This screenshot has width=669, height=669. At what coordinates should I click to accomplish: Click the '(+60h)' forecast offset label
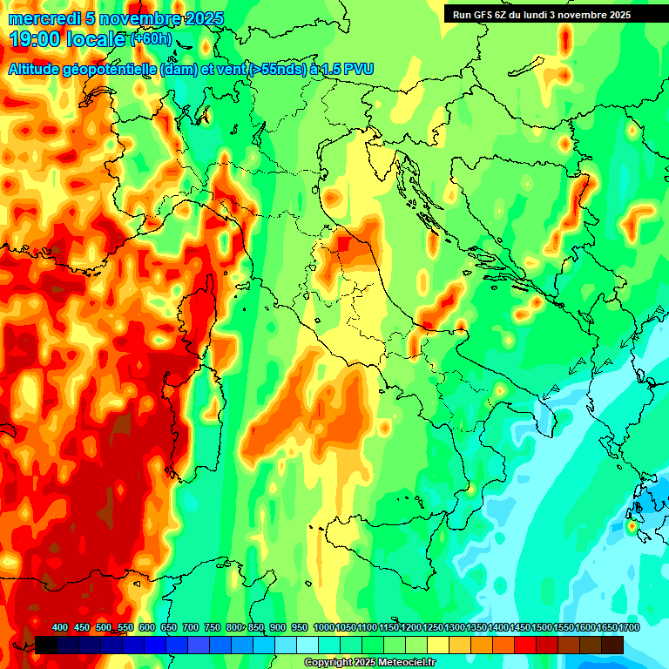tap(151, 39)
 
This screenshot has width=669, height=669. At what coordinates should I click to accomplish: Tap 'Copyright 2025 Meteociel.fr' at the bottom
tap(369, 662)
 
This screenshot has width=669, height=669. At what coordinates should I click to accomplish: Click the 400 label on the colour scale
tap(60, 628)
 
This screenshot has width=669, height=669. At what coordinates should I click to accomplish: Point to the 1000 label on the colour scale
tap(323, 628)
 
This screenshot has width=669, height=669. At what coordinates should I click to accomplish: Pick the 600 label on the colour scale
tap(146, 628)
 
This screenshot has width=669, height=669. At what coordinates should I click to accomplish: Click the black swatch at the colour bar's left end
tap(46, 645)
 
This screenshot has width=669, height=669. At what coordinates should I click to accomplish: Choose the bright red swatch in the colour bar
tap(525, 645)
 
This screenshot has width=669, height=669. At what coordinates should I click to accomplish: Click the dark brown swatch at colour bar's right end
tap(612, 645)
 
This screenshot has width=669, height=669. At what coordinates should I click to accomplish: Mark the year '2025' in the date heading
tap(202, 18)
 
